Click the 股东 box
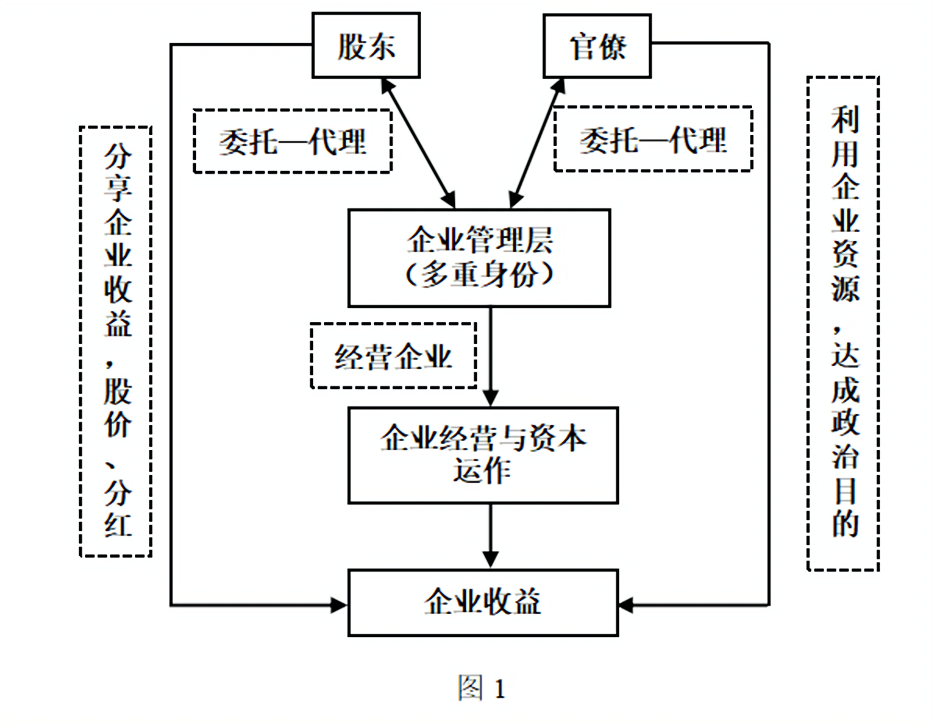pyautogui.click(x=366, y=46)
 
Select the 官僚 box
pyautogui.click(x=597, y=46)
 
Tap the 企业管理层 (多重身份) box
pyautogui.click(x=479, y=258)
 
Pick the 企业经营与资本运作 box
pyautogui.click(x=483, y=455)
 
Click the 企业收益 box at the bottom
pyautogui.click(x=483, y=603)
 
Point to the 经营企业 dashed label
pyautogui.click(x=393, y=356)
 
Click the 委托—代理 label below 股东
pyautogui.click(x=293, y=141)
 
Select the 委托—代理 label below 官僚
pyautogui.click(x=653, y=140)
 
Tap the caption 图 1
pyautogui.click(x=481, y=688)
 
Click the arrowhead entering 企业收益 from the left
pyautogui.click(x=340, y=605)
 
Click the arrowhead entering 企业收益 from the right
pyautogui.click(x=626, y=605)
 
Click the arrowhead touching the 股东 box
pyautogui.click(x=387, y=86)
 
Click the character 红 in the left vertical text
pyautogui.click(x=118, y=526)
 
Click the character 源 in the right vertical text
pyautogui.click(x=845, y=288)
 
